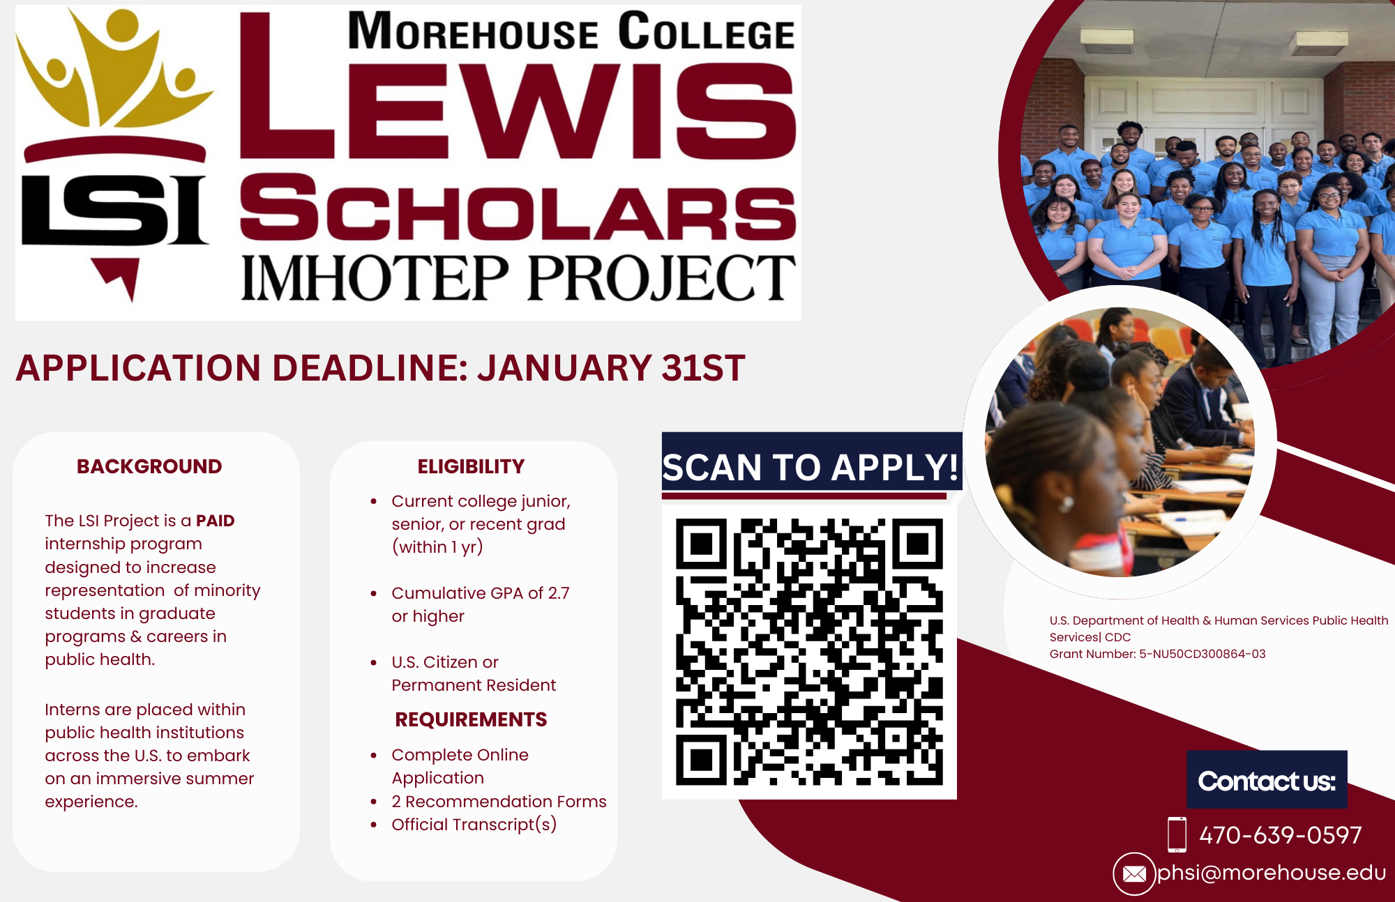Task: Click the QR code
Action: [809, 652]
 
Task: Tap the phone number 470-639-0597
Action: [1280, 834]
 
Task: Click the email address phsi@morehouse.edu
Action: [1271, 872]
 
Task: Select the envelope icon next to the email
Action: [1134, 873]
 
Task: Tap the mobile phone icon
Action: [1177, 834]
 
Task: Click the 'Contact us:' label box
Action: [1267, 779]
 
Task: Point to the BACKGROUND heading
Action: [149, 466]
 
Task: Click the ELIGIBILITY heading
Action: [471, 466]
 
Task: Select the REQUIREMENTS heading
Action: [471, 719]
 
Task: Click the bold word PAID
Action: [216, 521]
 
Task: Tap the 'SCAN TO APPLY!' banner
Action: [811, 466]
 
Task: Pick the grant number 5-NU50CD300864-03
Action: [1202, 654]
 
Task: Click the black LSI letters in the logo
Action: [115, 210]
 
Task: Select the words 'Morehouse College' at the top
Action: [571, 31]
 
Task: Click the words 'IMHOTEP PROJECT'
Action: [518, 277]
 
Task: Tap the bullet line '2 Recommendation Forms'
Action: [499, 802]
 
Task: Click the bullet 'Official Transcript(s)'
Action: [474, 825]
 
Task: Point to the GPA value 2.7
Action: [559, 593]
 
